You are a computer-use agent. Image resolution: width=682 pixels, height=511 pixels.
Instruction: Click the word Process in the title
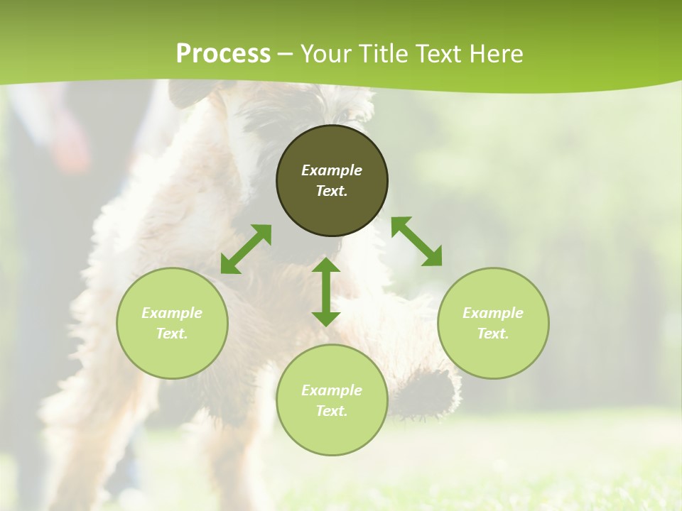coord(223,53)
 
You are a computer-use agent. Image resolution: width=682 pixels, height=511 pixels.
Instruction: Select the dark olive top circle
coord(332,145)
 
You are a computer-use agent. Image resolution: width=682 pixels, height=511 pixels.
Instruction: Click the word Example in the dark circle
coord(332,170)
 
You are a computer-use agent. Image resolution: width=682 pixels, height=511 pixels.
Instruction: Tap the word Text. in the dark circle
coord(332,191)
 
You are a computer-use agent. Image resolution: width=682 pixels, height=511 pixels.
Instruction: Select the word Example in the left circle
coord(172,313)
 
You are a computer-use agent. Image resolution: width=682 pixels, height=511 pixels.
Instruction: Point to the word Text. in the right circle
coord(493,334)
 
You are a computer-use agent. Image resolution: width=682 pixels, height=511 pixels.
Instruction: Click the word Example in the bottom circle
coord(332,390)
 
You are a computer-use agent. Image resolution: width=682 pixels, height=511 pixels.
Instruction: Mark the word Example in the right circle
coord(493,313)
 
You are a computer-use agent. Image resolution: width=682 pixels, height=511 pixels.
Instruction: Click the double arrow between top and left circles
coord(246,249)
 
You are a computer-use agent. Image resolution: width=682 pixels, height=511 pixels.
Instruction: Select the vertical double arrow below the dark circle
coord(326,292)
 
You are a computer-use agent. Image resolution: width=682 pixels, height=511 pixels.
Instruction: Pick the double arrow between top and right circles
coord(416,241)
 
